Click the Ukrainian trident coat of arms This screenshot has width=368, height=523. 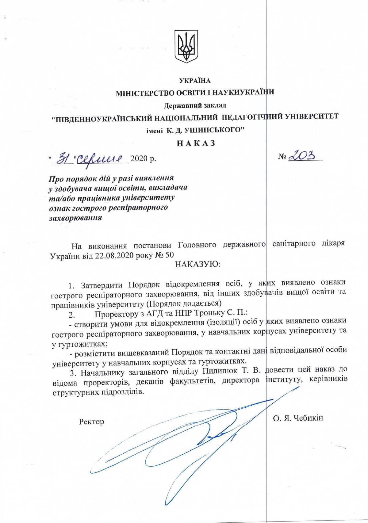[x=186, y=46]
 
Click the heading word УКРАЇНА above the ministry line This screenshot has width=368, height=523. [x=195, y=81]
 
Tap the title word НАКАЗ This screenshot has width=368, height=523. [x=196, y=143]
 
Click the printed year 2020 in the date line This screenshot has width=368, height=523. [x=139, y=159]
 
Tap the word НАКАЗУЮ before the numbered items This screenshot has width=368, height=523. [x=198, y=264]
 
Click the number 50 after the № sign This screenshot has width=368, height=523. [x=169, y=255]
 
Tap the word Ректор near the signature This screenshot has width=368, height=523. [x=91, y=422]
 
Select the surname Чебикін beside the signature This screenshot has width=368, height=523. [x=308, y=418]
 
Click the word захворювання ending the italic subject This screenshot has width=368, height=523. [x=76, y=218]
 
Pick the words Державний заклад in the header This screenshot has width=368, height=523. [x=195, y=105]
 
